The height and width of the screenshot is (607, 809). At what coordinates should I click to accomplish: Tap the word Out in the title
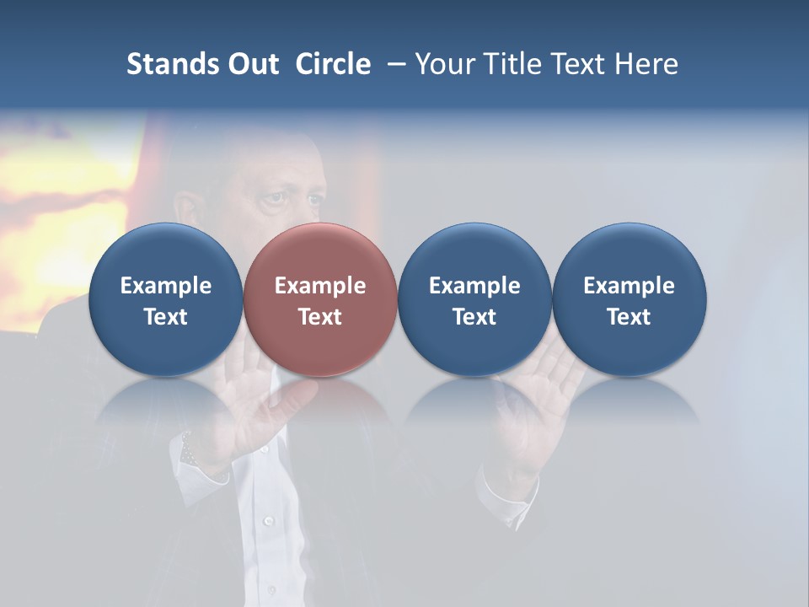point(251,64)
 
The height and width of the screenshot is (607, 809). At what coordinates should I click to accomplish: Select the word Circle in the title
point(333,64)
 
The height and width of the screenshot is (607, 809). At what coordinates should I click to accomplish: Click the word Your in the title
point(444,64)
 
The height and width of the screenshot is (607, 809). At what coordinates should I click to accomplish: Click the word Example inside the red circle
point(320,286)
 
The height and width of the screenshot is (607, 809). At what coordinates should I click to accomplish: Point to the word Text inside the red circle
point(320,317)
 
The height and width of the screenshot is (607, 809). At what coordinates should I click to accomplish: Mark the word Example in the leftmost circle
point(166,286)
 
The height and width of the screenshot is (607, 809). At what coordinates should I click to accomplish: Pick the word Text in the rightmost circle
point(630,317)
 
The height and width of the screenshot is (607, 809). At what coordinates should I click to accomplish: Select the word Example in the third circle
point(474,286)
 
